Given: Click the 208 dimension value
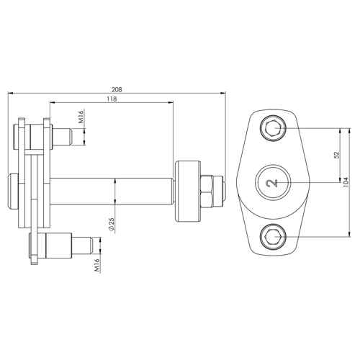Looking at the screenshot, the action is pyautogui.click(x=117, y=90).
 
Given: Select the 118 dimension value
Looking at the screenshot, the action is pyautogui.click(x=112, y=99).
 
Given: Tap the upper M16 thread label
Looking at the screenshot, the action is pyautogui.click(x=81, y=117).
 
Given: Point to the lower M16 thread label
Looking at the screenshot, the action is pyautogui.click(x=96, y=265).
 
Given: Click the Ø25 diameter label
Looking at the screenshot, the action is pyautogui.click(x=112, y=224).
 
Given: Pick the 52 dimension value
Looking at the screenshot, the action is pyautogui.click(x=337, y=155).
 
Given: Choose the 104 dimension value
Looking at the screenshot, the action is pyautogui.click(x=346, y=182).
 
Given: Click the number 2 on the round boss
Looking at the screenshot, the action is pyautogui.click(x=272, y=183).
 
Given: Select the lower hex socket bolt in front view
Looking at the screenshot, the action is pyautogui.click(x=274, y=237).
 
